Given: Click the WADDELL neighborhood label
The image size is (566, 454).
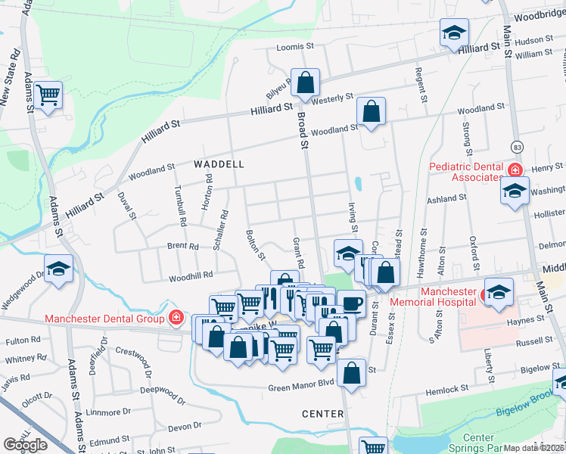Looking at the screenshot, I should point(219,163).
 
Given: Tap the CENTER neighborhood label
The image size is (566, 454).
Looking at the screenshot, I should point(323,414).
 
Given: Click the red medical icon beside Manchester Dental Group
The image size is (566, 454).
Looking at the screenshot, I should point(176,318).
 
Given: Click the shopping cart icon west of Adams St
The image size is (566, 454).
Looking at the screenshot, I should point(48,95).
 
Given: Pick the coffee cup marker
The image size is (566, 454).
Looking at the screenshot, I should point(350,303).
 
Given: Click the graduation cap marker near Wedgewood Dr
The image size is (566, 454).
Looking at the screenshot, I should point(58,269).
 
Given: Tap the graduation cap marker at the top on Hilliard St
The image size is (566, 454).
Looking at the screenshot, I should point(454,33).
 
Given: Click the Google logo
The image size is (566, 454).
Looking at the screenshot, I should point(26,444).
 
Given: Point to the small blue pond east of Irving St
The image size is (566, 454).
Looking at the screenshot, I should point(357,183).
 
